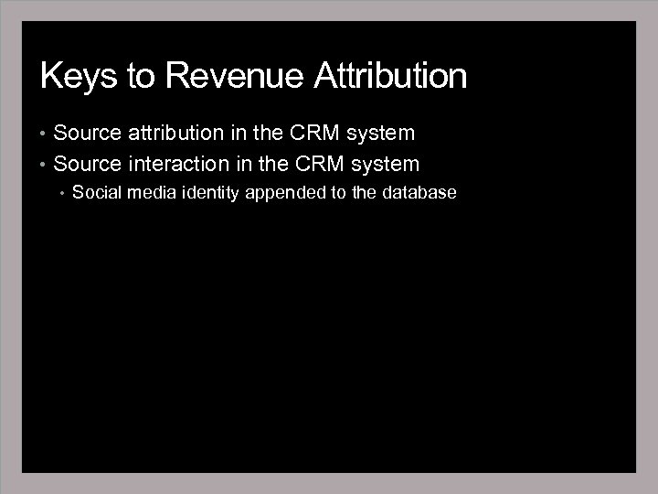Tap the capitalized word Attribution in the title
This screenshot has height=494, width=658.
pos(390,76)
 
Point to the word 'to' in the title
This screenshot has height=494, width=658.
pos(142,76)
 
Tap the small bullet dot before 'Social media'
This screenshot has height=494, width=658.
pos(61,193)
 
